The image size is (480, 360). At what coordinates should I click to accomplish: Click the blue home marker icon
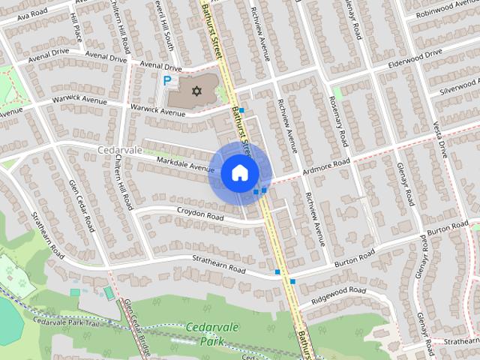pyautogui.click(x=239, y=173)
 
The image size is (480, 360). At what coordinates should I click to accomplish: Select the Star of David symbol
pyautogui.click(x=196, y=91)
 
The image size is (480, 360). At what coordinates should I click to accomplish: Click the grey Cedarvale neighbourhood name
pyautogui.click(x=120, y=149)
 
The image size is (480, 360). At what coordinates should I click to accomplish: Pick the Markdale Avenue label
pyautogui.click(x=180, y=161)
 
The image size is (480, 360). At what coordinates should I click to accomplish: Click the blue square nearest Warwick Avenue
pyautogui.click(x=241, y=110)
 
